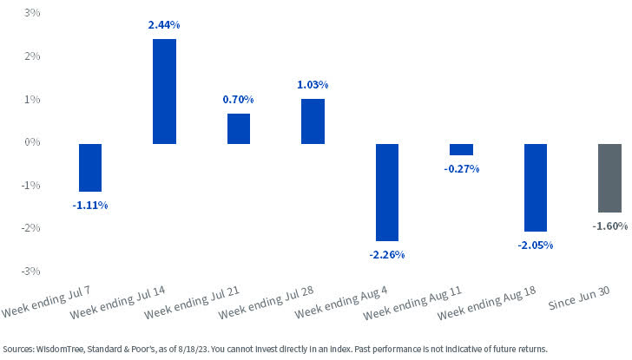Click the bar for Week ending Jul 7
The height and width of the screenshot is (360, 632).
pyautogui.click(x=90, y=167)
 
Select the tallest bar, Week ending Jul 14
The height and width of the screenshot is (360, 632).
pyautogui.click(x=165, y=91)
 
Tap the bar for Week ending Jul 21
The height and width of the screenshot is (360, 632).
pyautogui.click(x=239, y=128)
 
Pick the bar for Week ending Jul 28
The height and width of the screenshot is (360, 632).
pyautogui.click(x=313, y=121)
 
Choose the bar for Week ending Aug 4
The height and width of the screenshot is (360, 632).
pyautogui.click(x=387, y=192)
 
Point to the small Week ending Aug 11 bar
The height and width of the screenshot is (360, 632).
pyautogui.click(x=461, y=149)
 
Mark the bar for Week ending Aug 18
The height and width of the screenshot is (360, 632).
pyautogui.click(x=536, y=187)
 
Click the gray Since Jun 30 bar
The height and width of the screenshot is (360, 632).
pyautogui.click(x=609, y=178)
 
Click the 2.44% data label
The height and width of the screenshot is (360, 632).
pyautogui.click(x=165, y=27)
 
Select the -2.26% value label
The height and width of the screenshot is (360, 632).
pyautogui.click(x=387, y=254)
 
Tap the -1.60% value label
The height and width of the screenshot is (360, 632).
pyautogui.click(x=609, y=226)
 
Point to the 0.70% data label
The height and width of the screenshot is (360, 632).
pyautogui.click(x=239, y=101)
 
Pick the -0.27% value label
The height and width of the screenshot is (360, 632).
pyautogui.click(x=461, y=168)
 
